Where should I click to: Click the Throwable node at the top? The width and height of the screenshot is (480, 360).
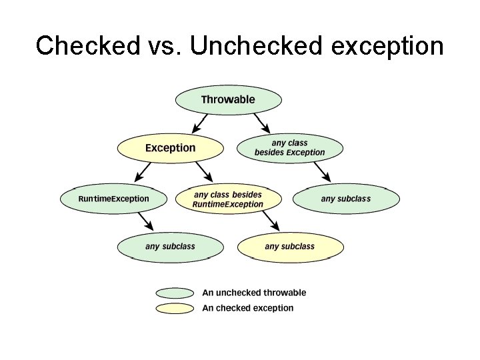(x=228, y=100)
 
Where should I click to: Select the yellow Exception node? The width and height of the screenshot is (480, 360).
(x=171, y=148)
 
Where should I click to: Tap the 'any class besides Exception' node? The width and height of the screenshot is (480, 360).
(x=290, y=148)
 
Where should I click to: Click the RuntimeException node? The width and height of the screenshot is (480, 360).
(x=113, y=199)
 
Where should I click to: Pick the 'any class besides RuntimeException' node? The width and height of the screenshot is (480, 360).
(x=228, y=199)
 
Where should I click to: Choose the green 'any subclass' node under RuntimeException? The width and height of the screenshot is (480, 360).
(x=170, y=247)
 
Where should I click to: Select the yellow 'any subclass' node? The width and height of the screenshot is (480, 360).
(x=290, y=247)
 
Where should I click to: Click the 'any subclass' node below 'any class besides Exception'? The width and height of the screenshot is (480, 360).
(x=346, y=199)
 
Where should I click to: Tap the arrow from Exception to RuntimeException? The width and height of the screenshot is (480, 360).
(x=142, y=173)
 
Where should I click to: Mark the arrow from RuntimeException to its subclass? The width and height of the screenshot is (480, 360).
(x=145, y=222)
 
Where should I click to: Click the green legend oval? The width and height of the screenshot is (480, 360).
(x=175, y=293)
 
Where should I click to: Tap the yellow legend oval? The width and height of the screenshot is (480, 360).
(x=175, y=308)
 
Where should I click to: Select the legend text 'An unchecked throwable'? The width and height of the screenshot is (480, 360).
(x=254, y=293)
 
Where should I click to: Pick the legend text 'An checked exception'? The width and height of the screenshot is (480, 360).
(x=247, y=308)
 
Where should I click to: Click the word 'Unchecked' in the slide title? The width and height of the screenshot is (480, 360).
(x=257, y=46)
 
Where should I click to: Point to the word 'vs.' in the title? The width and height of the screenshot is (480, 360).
(x=163, y=46)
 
